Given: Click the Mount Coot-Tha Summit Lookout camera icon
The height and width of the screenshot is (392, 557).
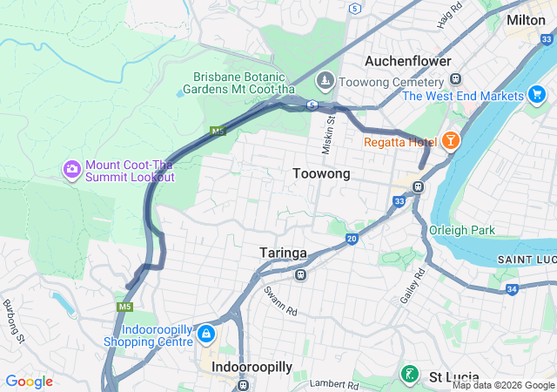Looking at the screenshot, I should click(72, 167).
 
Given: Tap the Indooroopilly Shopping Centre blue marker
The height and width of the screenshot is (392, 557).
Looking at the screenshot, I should click(205, 334).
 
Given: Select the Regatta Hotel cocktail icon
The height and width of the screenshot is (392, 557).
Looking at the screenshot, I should click(451, 140).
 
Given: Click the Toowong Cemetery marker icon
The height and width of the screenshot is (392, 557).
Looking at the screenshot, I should click(325, 81).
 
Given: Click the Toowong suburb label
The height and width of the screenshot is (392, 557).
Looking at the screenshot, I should click(321, 174).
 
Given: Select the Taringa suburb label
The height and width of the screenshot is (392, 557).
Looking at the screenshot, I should click(283, 253).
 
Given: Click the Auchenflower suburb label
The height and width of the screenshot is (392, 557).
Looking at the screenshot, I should click(407, 62).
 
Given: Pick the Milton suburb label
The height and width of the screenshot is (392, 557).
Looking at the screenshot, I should click(526, 19).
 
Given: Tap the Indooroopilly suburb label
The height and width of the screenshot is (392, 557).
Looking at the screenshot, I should click(252, 368).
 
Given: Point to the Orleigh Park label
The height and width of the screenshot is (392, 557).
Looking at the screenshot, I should click(461, 231).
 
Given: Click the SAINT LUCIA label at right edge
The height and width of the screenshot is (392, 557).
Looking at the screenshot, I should click(526, 260).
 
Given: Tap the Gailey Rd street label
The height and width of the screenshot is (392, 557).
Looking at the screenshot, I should click(417, 285).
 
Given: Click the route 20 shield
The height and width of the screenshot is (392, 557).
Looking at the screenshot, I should click(352, 239).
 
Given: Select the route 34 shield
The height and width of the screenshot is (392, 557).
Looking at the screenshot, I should click(512, 289).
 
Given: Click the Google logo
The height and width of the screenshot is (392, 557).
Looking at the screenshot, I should click(29, 382).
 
